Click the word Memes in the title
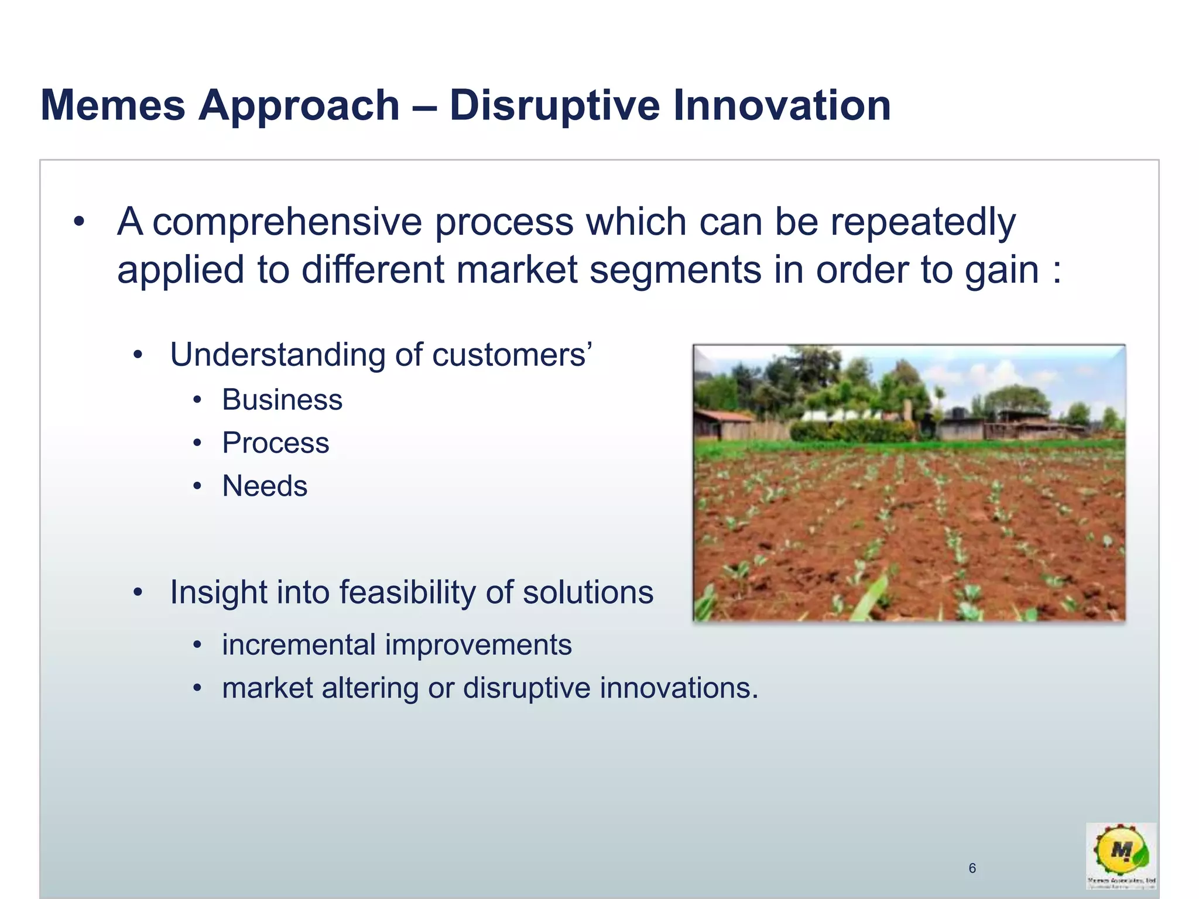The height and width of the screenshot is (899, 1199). [112, 105]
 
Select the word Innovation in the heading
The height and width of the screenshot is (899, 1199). [782, 105]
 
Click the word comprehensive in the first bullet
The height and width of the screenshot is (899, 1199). [287, 223]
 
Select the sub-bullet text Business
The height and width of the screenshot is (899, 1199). [282, 400]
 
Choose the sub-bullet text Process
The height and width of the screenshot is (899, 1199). [276, 443]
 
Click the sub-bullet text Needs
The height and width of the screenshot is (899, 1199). [265, 486]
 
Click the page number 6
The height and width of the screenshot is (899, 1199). [972, 868]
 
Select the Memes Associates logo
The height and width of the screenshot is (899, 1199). [1121, 855]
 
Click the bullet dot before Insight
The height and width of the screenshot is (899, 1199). [138, 592]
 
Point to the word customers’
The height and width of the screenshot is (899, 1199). [512, 355]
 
